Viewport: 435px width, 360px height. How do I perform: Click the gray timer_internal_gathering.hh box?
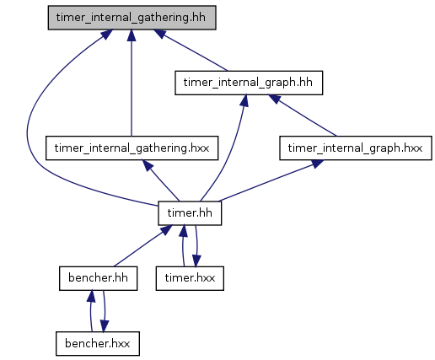pyautogui.click(x=132, y=18)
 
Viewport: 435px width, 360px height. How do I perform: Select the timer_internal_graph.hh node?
pyautogui.click(x=249, y=83)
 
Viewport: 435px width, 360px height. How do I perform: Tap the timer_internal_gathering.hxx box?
pyautogui.click(x=132, y=148)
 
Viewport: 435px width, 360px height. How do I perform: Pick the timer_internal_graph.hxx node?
pyautogui.click(x=356, y=148)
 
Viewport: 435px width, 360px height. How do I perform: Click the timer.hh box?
pyautogui.click(x=190, y=213)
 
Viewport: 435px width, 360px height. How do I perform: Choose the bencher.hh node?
pyautogui.click(x=98, y=278)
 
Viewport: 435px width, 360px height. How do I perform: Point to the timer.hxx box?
pyautogui.click(x=190, y=278)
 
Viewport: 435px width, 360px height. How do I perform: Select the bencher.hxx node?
pyautogui.click(x=98, y=343)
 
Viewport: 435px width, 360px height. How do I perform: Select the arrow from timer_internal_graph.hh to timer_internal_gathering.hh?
pyautogui.click(x=191, y=50)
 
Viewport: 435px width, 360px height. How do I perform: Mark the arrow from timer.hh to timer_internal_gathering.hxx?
pyautogui.click(x=161, y=180)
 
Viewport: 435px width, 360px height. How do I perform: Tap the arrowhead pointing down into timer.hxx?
pyautogui.click(x=196, y=261)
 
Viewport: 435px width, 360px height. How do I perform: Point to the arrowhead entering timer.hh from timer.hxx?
pyautogui.click(x=183, y=231)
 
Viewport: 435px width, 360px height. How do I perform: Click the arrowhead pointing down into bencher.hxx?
pyautogui.click(x=105, y=326)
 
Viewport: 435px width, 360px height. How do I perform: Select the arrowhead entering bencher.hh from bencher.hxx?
pyautogui.click(x=91, y=296)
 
